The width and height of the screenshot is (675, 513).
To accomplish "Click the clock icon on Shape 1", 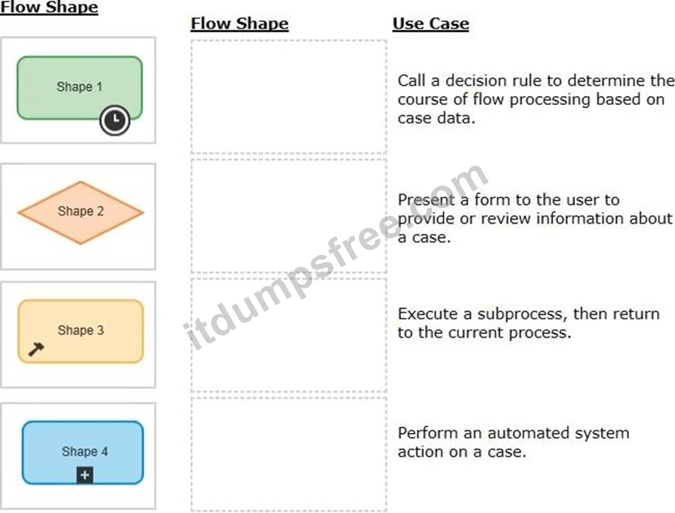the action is coord(115,120).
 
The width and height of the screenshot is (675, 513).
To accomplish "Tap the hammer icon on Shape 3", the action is coord(36,349).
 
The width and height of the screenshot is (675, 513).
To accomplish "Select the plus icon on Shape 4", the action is coord(85,475).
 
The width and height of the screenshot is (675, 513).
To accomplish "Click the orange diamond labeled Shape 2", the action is coord(81,213).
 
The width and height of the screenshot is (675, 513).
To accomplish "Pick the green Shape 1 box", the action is coord(79,88).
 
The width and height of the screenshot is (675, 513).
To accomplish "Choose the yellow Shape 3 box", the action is coord(81,331).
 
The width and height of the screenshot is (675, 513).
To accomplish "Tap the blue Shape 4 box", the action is coord(83,452).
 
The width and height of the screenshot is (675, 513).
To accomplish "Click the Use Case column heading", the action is coord(431,23).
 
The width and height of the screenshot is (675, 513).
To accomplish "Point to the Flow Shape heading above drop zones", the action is coord(239,23).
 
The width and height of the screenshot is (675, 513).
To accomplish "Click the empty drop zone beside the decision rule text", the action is coord(289,97).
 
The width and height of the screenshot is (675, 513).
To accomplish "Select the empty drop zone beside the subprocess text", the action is coord(289,335).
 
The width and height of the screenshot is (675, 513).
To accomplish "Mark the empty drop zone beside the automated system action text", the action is coord(289,454).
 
